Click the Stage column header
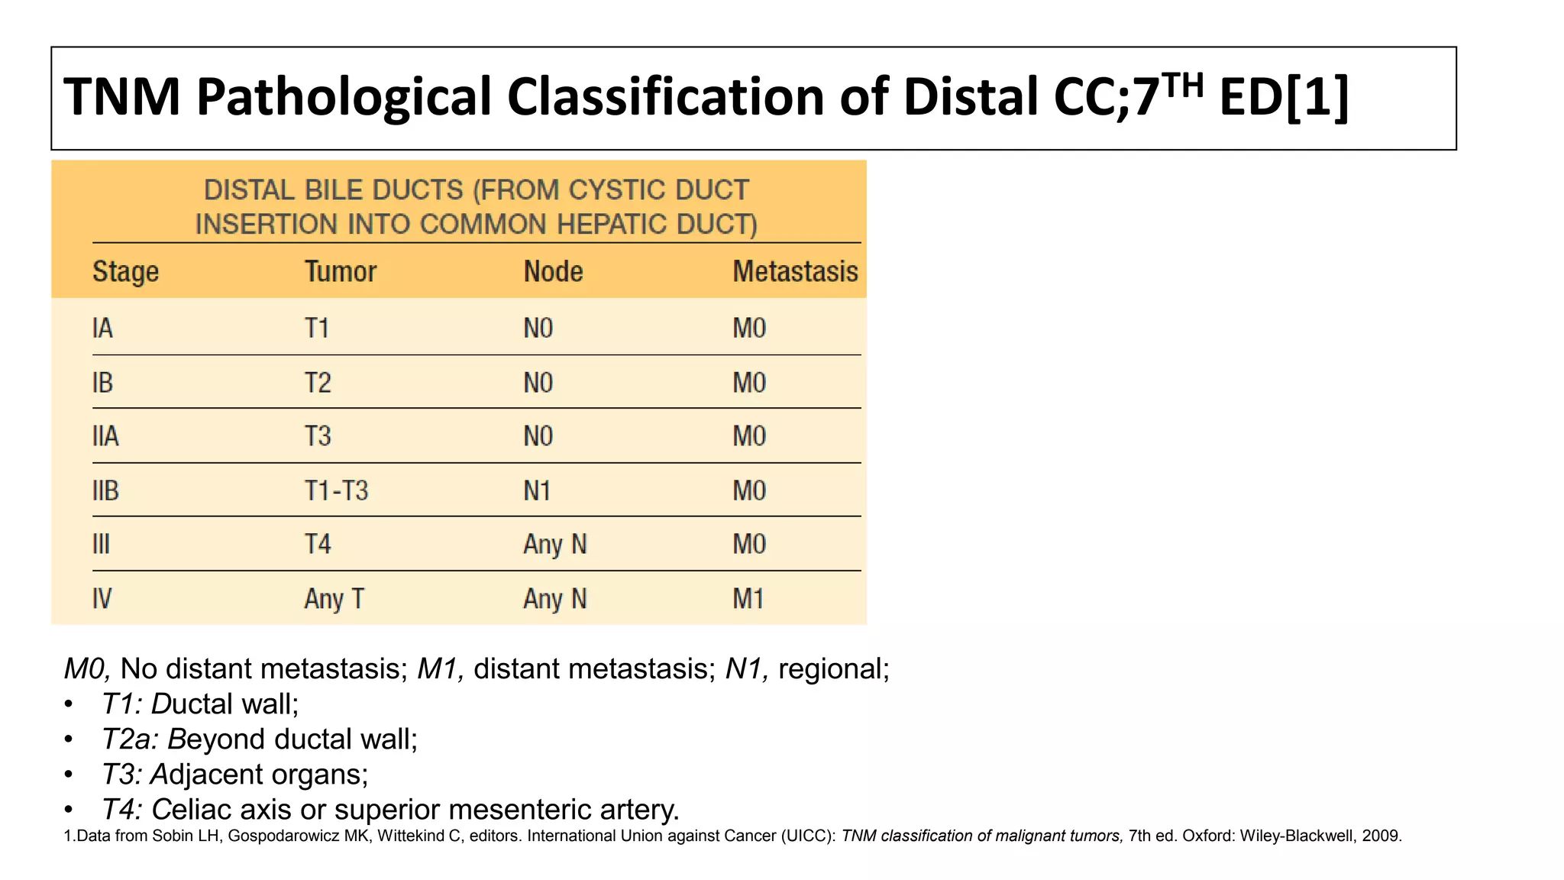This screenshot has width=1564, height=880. coord(125,272)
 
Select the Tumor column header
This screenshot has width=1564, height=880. coord(341,272)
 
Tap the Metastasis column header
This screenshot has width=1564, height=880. coord(795,272)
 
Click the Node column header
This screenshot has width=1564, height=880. coord(553,272)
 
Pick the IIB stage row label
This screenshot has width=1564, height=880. coord(105,490)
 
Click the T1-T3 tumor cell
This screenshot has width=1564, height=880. coord(336,490)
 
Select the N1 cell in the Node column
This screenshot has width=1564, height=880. coord(537,490)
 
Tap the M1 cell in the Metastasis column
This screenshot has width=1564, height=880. coord(748,599)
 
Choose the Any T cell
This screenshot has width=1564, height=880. coord(334,599)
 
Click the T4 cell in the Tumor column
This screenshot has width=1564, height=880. coord(318,545)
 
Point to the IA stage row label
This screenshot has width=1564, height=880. coord(102,328)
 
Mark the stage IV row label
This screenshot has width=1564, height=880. coord(102,599)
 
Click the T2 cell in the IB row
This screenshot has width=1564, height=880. coord(318,383)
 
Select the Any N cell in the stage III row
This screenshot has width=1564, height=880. coord(554,545)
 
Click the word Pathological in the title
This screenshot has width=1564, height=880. coord(344,98)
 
